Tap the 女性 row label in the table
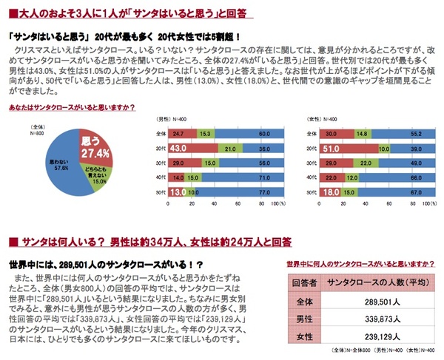[305, 338]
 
